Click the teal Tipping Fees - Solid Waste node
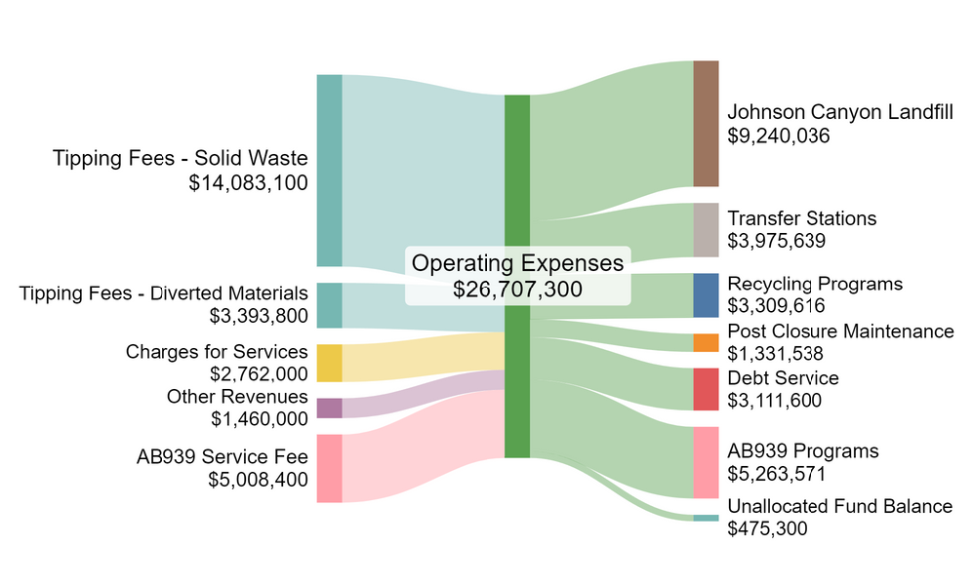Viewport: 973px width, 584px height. [329, 170]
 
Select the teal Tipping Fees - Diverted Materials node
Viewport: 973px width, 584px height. [329, 305]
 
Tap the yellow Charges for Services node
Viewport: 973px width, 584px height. [329, 363]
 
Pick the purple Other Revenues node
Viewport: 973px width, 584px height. [329, 408]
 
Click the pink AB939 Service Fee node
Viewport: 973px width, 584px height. [329, 468]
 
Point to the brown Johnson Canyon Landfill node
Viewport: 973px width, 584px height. [706, 123]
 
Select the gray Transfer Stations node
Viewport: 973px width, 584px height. [706, 230]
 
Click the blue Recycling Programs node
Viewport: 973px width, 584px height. [706, 295]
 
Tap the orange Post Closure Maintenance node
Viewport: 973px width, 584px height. [706, 342]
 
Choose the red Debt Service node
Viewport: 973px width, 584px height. [706, 389]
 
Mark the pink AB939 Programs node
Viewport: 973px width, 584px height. [706, 462]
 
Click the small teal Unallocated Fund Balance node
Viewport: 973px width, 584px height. [706, 518]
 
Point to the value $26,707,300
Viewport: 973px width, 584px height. [517, 289]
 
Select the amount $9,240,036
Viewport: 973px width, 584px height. [779, 136]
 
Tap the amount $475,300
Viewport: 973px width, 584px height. [767, 528]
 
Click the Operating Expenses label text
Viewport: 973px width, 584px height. [517, 263]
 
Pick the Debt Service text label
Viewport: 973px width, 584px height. [783, 377]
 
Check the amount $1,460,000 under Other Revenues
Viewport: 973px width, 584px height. [260, 418]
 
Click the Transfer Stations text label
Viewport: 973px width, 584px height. [802, 217]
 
